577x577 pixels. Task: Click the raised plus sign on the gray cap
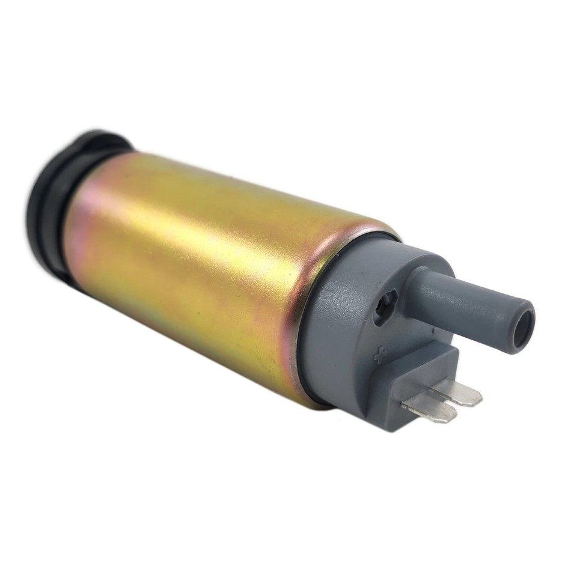(x=380, y=356)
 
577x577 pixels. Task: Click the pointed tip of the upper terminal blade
(x=478, y=398)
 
